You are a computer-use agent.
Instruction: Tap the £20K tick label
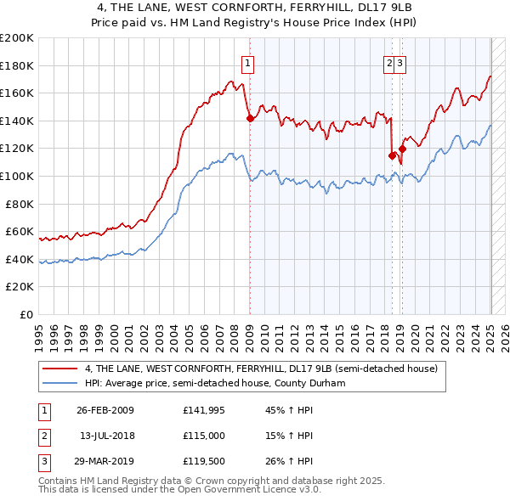tap(20, 287)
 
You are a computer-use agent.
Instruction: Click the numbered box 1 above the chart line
tap(247, 62)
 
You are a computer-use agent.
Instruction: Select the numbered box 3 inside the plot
tap(399, 62)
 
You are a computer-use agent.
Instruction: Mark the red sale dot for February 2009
tap(250, 119)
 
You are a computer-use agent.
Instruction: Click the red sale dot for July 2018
tap(392, 155)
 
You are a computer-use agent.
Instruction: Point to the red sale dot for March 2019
tap(402, 149)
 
